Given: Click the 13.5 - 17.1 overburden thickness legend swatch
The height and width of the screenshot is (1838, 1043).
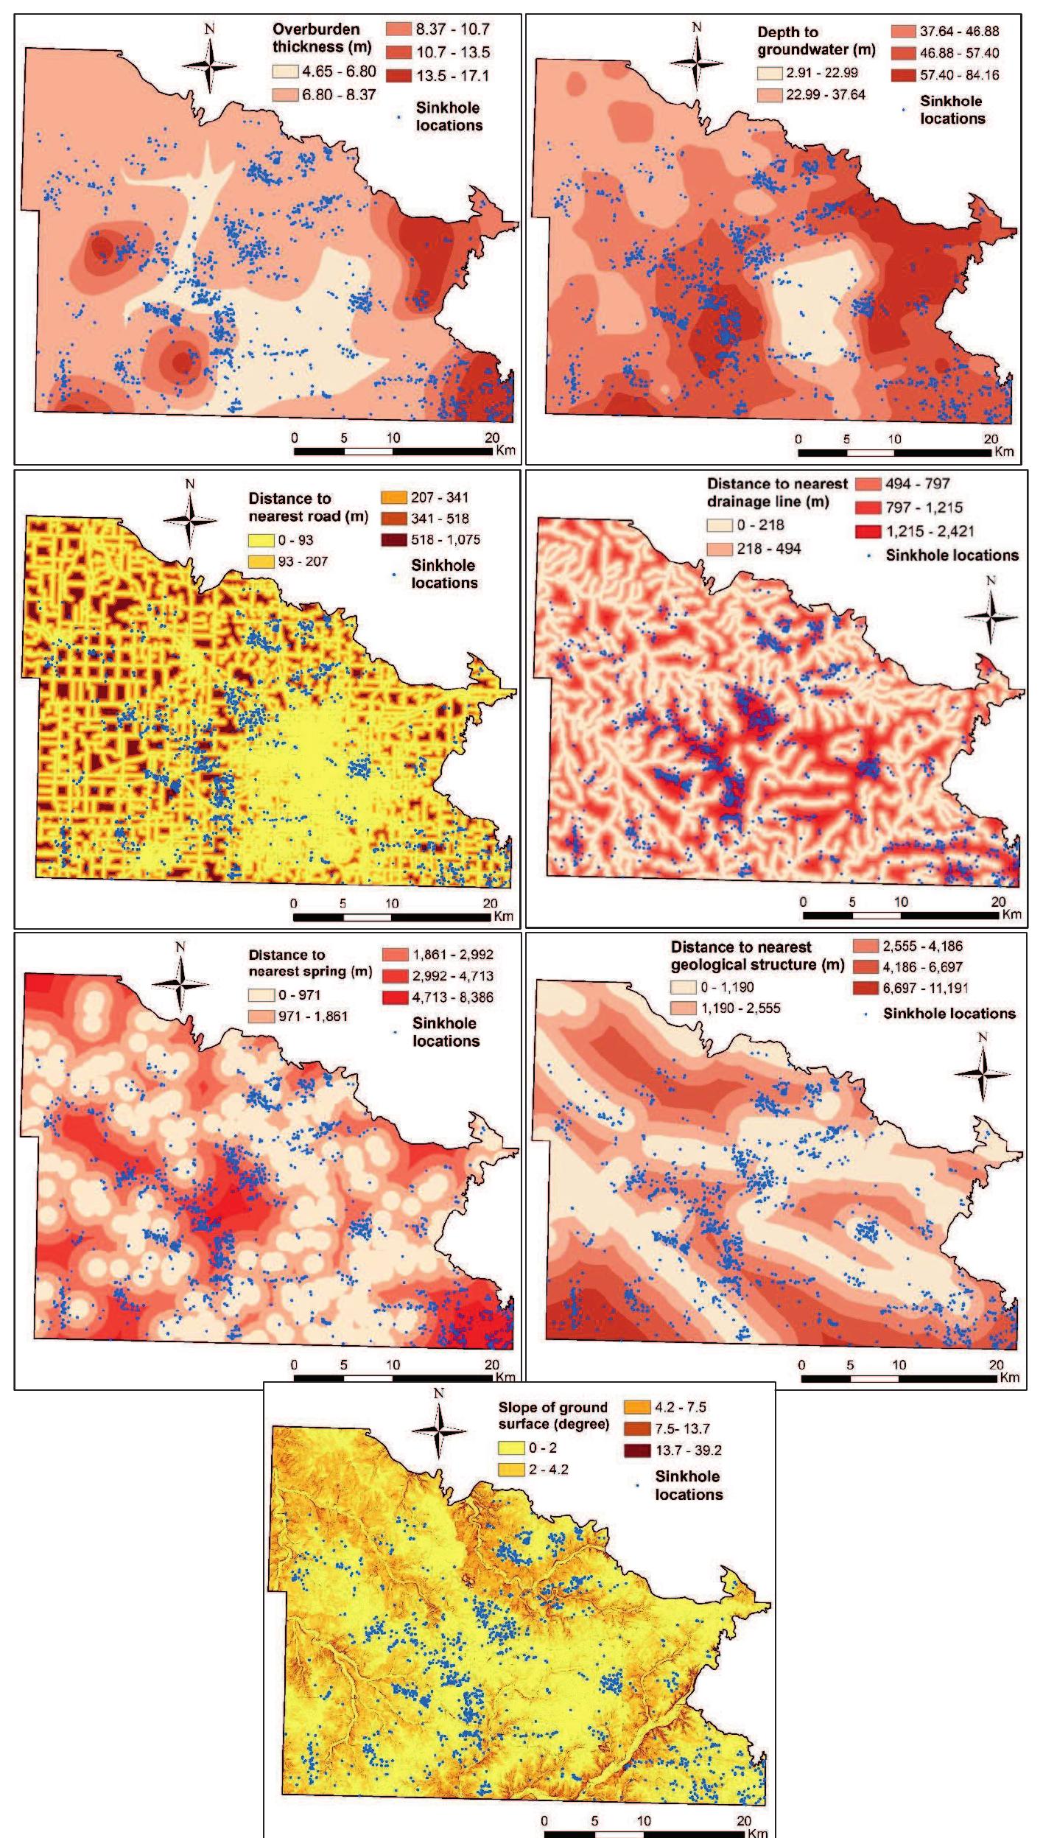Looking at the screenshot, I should [398, 75].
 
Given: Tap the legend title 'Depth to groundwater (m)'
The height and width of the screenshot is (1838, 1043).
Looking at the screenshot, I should [816, 41].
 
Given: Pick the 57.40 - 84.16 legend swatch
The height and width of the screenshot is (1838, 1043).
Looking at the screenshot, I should [903, 75].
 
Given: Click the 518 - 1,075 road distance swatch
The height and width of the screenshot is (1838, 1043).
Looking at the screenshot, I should [394, 539].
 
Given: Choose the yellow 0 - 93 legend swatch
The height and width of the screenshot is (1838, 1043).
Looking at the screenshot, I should [262, 540].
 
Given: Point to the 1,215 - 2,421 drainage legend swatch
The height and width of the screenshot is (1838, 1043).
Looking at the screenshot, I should [868, 531].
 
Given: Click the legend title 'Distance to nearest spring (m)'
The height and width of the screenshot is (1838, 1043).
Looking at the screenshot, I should [310, 963].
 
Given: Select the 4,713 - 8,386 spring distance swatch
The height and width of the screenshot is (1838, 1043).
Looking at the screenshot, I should [395, 997].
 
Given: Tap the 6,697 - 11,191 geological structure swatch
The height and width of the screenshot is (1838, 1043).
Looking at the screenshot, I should [866, 988].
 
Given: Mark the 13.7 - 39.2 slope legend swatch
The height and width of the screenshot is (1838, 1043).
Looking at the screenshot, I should [637, 1450].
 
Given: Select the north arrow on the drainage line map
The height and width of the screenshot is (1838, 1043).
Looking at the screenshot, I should [991, 616].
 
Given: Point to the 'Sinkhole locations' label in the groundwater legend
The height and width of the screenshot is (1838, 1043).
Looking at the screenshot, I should [952, 110].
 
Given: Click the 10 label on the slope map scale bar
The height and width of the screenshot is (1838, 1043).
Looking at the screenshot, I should [644, 1820].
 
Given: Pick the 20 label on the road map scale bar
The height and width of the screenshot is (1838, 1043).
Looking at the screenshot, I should [490, 902].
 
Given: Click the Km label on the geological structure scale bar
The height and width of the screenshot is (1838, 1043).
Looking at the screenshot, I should [1009, 1377].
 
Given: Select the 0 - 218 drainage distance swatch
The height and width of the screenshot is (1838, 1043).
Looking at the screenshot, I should [720, 525].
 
